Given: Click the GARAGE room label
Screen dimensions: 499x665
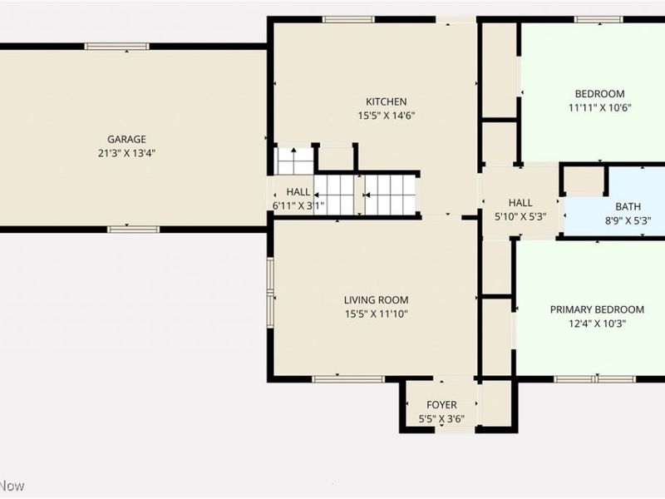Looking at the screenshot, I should coord(126,139).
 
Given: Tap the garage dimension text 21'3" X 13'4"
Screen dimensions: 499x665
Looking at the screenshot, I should coord(126,153).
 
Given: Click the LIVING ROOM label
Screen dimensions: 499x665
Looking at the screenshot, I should coord(376,299).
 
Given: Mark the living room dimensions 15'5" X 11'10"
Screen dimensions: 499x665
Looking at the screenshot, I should coord(376,314).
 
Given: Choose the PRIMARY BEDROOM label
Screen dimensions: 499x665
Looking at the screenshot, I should coord(597,309).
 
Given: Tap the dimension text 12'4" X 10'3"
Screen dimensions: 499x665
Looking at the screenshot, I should coord(597,324).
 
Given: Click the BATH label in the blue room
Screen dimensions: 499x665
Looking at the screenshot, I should coord(628,207).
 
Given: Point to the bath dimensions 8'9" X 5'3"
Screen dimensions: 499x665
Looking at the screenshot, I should coord(628,221).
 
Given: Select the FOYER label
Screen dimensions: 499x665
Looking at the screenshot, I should coord(441,405).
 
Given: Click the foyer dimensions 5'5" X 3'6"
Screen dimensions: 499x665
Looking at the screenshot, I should coord(441,419).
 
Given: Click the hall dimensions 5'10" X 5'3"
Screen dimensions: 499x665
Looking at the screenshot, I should coord(520,216).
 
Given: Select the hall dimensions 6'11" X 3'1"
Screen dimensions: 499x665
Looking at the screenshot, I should coord(298,205).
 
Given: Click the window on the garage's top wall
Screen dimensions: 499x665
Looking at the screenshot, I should coord(117,47).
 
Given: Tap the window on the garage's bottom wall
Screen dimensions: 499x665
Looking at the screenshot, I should coord(133,229).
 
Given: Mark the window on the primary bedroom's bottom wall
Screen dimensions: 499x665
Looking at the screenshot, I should coord(594,379).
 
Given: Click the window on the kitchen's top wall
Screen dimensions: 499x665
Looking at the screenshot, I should coord(348,20).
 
